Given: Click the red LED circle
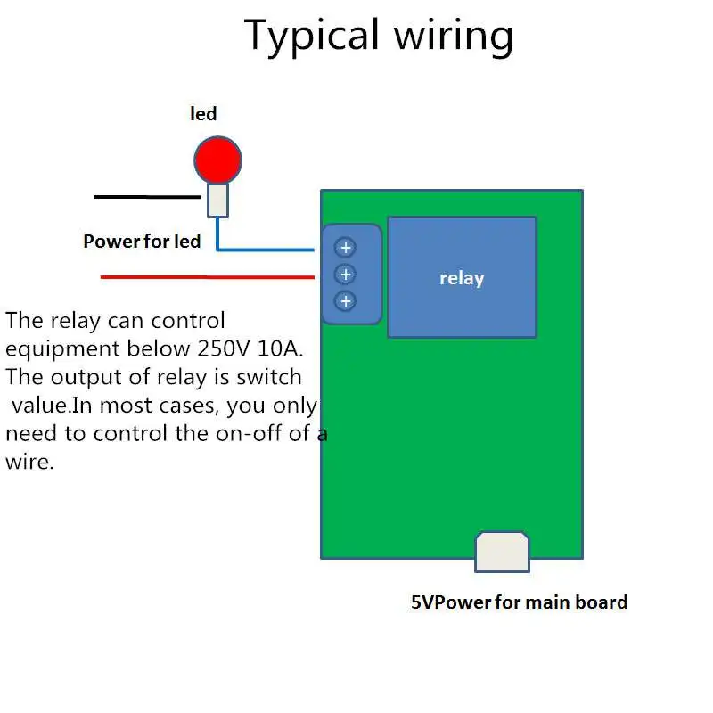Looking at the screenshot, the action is tap(217, 160).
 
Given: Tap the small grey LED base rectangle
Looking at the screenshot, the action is tap(217, 200).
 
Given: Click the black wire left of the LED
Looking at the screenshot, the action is tap(147, 197).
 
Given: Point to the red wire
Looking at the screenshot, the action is tap(208, 277).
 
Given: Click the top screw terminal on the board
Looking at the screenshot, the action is tap(345, 248).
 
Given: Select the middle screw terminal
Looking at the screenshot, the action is tap(345, 275).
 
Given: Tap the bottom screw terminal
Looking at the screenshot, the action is tap(345, 301).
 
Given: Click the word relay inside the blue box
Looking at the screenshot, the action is tap(462, 278).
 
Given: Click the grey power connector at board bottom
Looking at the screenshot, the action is tap(502, 552).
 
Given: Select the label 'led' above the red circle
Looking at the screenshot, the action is tap(203, 114).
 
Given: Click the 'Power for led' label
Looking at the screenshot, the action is tap(142, 241).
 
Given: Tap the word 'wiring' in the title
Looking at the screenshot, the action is tap(454, 37).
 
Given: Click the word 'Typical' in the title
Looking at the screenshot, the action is tap(311, 37).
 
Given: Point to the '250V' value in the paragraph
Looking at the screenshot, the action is tap(224, 348).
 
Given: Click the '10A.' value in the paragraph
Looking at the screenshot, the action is tap(280, 348).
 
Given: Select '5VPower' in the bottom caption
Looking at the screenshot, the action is tap(452, 602).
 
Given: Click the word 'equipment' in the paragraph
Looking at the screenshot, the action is tap(62, 349).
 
